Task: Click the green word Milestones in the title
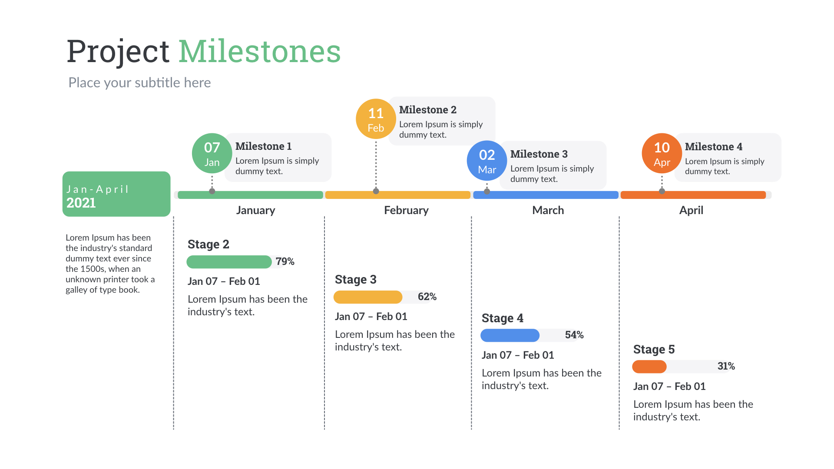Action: [259, 52]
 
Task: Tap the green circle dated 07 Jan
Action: [212, 153]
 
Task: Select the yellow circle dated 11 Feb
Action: [376, 119]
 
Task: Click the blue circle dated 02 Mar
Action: [486, 161]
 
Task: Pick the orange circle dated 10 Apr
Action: [662, 153]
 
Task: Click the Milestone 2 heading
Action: [427, 110]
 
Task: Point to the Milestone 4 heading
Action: [713, 147]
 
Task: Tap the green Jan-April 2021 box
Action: [116, 194]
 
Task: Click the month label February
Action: [406, 210]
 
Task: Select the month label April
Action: [691, 210]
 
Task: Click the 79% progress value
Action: [285, 261]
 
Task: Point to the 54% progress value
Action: [574, 335]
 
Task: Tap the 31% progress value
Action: [726, 366]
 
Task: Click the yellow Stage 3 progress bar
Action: [368, 297]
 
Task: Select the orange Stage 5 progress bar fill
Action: [649, 367]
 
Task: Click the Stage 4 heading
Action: [502, 318]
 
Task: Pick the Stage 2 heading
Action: [208, 244]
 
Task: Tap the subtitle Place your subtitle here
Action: [139, 83]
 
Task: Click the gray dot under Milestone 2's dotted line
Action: [376, 191]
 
